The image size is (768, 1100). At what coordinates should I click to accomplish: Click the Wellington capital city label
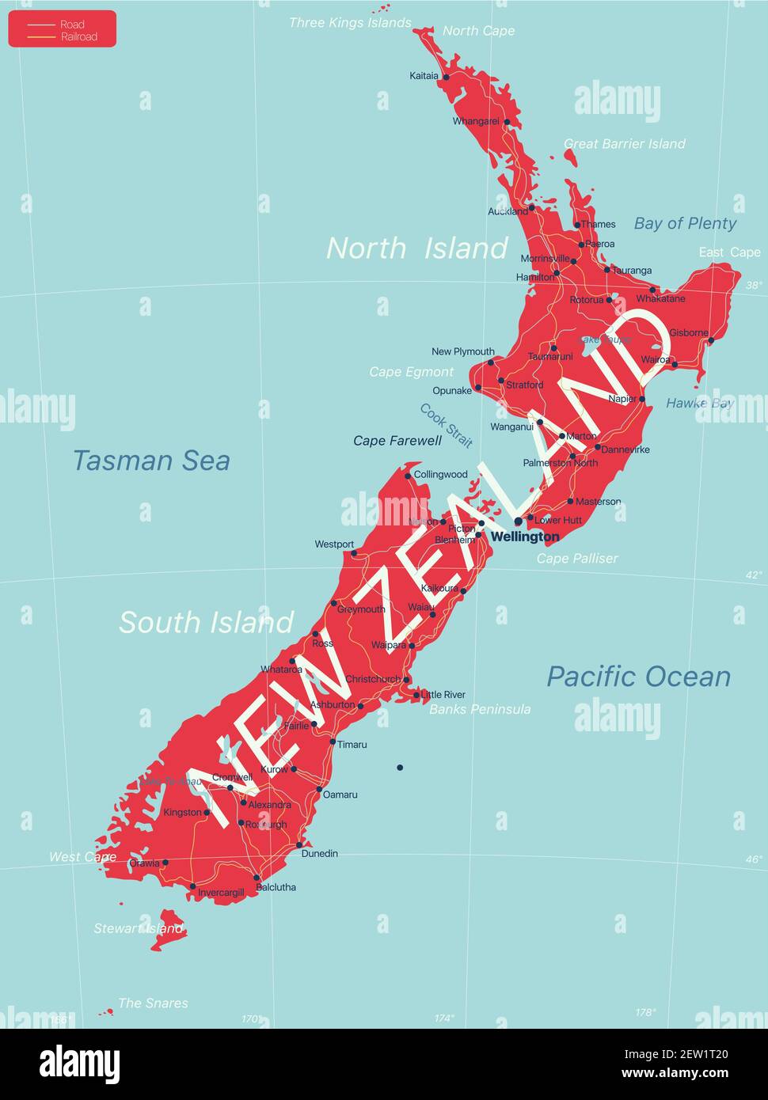tap(525, 537)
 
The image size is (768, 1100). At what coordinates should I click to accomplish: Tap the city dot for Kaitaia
tap(446, 77)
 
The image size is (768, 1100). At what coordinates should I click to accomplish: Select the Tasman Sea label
tap(151, 460)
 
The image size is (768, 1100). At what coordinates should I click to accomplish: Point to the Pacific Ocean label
tap(638, 677)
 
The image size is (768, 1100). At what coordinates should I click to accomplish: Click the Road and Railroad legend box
tap(63, 29)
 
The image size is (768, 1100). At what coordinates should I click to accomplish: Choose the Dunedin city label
tap(320, 853)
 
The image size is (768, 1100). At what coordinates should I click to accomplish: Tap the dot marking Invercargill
tap(192, 886)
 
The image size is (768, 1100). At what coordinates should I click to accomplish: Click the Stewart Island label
tap(139, 928)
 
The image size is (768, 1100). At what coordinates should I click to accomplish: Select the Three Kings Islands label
tap(349, 22)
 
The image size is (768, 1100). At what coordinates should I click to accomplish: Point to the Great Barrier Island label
tap(624, 143)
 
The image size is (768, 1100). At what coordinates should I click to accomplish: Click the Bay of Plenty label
tap(685, 223)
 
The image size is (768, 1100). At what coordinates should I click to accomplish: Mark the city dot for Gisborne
tap(711, 341)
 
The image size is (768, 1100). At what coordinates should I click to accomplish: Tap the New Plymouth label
tap(463, 351)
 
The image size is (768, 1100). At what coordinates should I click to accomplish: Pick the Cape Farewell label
tap(397, 441)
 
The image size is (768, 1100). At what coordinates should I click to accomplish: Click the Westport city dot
tap(353, 554)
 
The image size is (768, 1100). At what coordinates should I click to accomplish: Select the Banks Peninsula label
tap(480, 709)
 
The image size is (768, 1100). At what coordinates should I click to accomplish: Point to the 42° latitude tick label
tap(754, 575)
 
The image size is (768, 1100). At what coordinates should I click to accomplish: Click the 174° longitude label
tap(444, 1018)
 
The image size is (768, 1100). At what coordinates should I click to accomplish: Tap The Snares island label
tap(153, 1003)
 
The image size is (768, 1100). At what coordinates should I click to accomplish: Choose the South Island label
tap(206, 623)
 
